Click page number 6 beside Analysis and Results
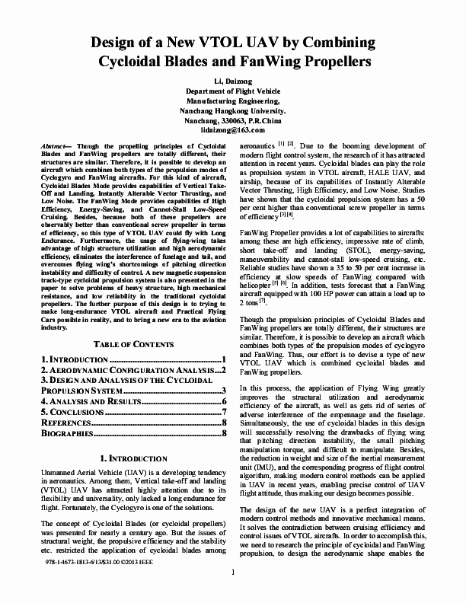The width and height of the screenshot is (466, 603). [x=225, y=401]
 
